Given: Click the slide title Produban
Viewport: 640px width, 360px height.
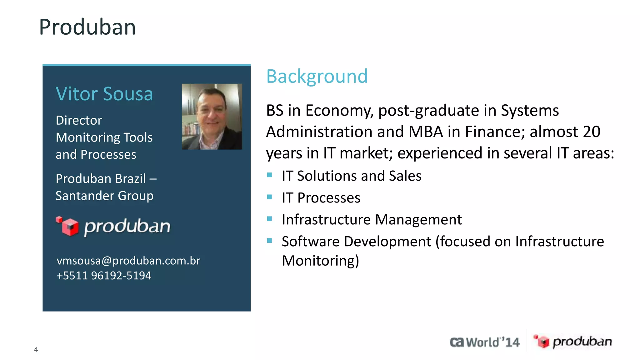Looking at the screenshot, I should coord(87,27).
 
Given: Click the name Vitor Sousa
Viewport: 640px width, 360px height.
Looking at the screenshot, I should coord(104,94).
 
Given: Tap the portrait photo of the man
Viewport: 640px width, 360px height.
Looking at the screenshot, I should coord(212,116).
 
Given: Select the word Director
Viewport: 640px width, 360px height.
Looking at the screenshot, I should coord(79,120).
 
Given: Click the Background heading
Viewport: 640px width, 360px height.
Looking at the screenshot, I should coord(317,76).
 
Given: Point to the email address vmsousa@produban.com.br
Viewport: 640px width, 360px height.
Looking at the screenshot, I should coord(128,261).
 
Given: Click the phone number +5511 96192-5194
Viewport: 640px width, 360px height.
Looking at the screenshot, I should coord(104,276).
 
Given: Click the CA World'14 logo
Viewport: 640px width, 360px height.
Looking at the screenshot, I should coord(484,342).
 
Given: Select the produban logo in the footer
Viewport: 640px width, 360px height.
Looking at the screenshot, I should coord(572,342).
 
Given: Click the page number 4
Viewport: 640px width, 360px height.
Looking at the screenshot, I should coord(36,349).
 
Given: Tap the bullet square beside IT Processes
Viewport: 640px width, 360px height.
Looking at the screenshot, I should coord(270,197).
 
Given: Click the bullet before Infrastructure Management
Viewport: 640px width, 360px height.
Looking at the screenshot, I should coord(270,219).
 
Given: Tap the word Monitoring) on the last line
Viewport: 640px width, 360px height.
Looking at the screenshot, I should coord(320,261).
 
